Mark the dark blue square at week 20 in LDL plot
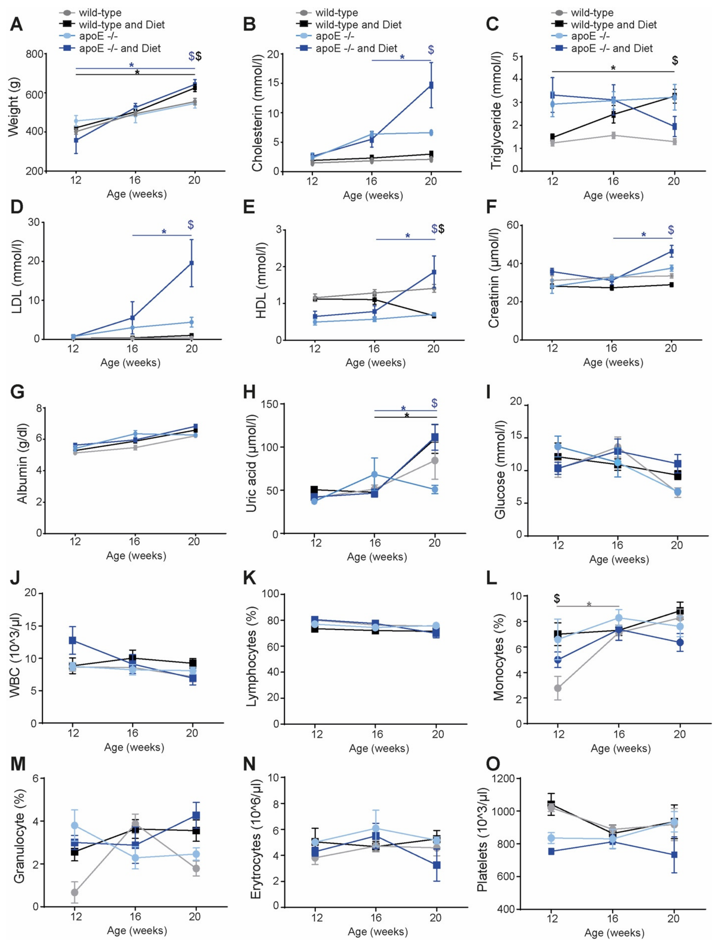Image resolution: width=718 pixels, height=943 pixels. click(192, 263)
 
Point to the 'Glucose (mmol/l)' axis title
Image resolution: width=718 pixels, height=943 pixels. click(500, 469)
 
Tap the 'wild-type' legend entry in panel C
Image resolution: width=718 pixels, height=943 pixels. click(592, 13)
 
